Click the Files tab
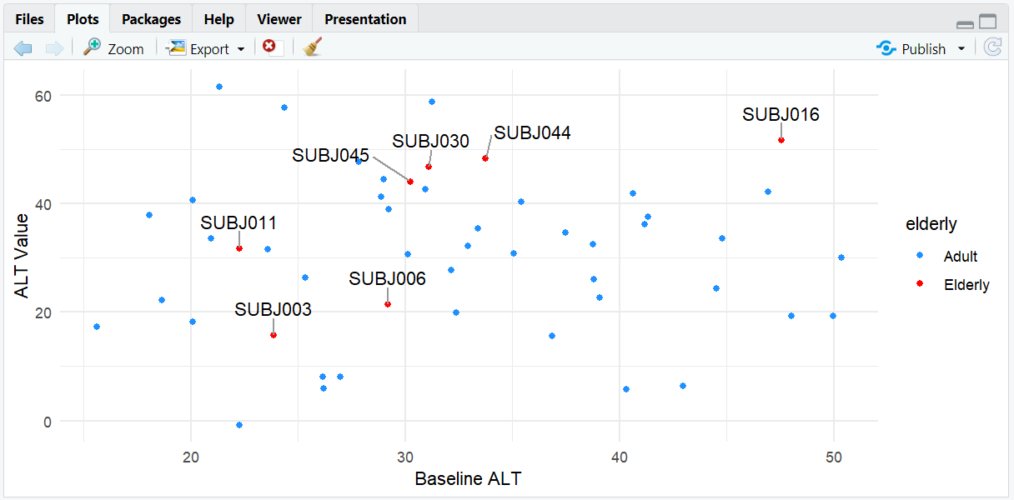(29, 19)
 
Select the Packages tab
(151, 19)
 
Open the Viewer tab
(279, 19)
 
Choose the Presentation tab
(365, 19)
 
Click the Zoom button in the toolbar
(114, 48)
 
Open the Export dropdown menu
(206, 48)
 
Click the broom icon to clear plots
(312, 47)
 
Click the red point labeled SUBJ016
(781, 140)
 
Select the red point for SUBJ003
(274, 335)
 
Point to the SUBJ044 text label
(532, 132)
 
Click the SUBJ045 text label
(330, 156)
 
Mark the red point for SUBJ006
(388, 304)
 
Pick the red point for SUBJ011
(239, 248)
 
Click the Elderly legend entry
(966, 284)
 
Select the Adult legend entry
(960, 256)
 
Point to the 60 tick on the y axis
(43, 96)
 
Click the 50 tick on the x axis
(833, 457)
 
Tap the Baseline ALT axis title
(468, 479)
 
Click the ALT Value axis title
(22, 256)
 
